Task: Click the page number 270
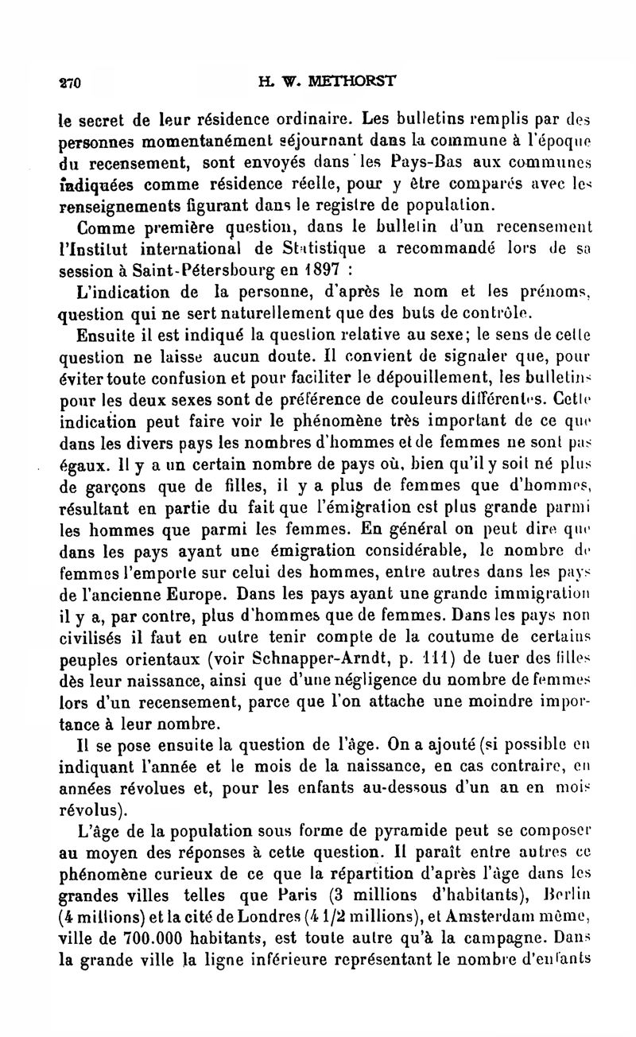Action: [72, 82]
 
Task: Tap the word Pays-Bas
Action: [420, 167]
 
